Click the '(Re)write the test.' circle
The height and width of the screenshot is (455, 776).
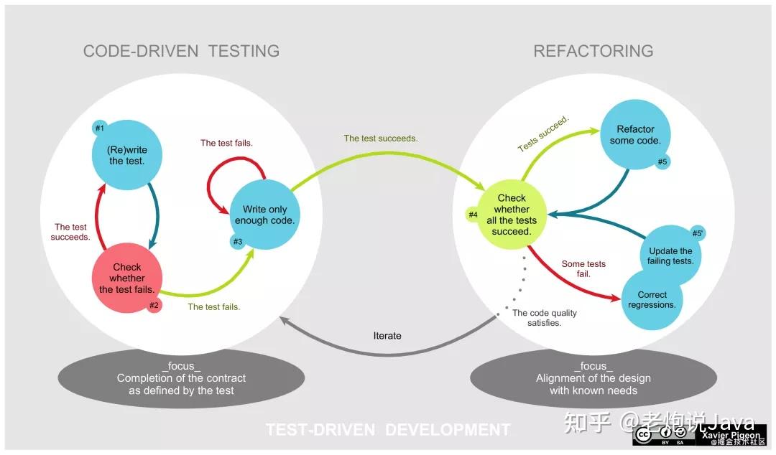pyautogui.click(x=126, y=155)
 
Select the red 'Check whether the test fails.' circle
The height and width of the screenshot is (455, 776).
pyautogui.click(x=126, y=278)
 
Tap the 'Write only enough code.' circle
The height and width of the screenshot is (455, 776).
pyautogui.click(x=264, y=215)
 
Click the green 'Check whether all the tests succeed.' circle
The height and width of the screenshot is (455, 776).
pyautogui.click(x=512, y=215)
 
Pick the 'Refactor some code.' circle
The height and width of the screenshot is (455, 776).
pyautogui.click(x=635, y=134)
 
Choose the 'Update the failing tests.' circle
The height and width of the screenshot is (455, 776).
pyautogui.click(x=670, y=255)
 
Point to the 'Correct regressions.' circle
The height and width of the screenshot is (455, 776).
pyautogui.click(x=652, y=300)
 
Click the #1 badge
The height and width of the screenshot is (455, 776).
pyautogui.click(x=100, y=128)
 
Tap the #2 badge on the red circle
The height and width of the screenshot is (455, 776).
pyautogui.click(x=154, y=305)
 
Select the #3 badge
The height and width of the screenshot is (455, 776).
pyautogui.click(x=238, y=241)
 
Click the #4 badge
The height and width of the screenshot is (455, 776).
pyautogui.click(x=474, y=215)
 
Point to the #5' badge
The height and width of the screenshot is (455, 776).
pyautogui.click(x=697, y=233)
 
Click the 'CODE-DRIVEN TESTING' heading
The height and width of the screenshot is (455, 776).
pyautogui.click(x=181, y=51)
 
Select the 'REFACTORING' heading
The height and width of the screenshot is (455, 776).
pyautogui.click(x=593, y=51)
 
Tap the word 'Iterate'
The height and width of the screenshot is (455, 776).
pyautogui.click(x=387, y=336)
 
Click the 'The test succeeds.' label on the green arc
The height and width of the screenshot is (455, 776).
pyautogui.click(x=381, y=139)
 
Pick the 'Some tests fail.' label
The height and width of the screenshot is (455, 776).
pyautogui.click(x=583, y=268)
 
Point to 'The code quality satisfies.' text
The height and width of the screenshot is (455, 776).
pyautogui.click(x=545, y=317)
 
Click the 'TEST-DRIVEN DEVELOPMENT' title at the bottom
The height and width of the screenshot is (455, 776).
pyautogui.click(x=387, y=429)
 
